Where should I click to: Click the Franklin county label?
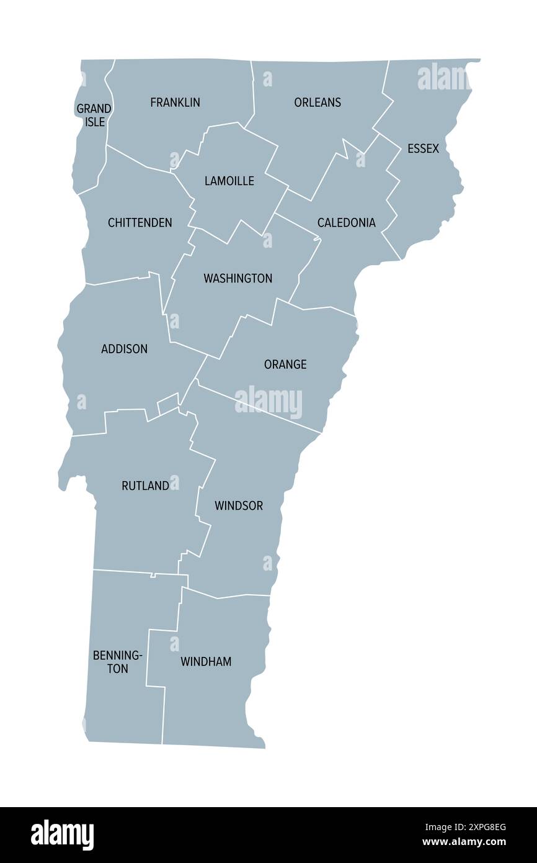(x=175, y=102)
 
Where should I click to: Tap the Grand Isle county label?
(x=94, y=115)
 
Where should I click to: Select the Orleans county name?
(x=317, y=102)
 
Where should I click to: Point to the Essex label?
(x=423, y=148)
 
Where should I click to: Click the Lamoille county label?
(x=229, y=181)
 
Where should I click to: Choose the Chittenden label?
(x=140, y=222)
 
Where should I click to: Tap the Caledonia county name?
(x=346, y=222)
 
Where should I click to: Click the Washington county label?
(x=237, y=278)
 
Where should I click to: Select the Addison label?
(x=124, y=349)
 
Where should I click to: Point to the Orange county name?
(x=285, y=364)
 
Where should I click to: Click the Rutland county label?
(x=145, y=486)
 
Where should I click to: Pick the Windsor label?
(x=239, y=505)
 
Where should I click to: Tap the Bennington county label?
(x=118, y=661)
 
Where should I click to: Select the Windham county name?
(x=206, y=662)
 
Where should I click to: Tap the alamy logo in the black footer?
(x=63, y=835)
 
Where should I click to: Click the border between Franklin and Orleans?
(x=253, y=93)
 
